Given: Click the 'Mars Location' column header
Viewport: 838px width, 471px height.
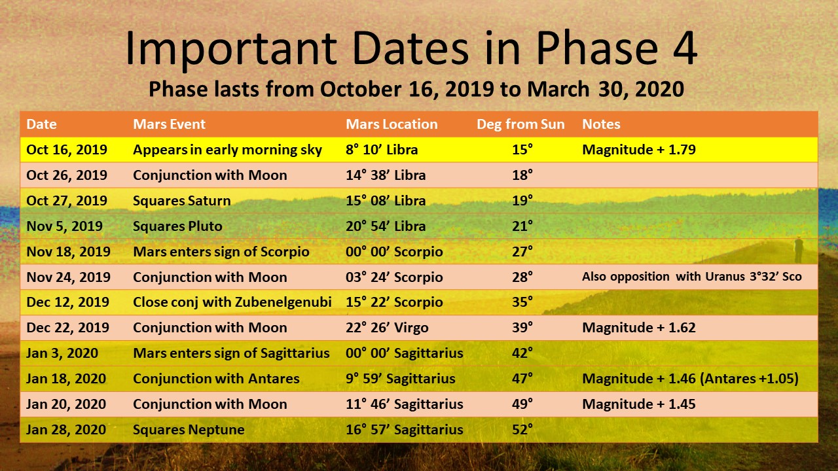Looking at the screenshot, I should click(392, 124).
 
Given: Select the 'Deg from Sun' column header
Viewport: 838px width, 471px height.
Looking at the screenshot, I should click(520, 124).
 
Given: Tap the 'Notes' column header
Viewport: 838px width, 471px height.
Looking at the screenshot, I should click(601, 124).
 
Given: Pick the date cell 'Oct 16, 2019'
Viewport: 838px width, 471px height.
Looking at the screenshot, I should click(67, 150).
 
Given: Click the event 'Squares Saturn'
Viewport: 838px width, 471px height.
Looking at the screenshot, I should click(181, 201).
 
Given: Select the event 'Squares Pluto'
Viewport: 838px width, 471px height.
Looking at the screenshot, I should click(177, 226).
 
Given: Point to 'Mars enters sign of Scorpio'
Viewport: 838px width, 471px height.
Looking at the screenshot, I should click(221, 252).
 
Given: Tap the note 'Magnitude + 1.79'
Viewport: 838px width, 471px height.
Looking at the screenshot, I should click(638, 150).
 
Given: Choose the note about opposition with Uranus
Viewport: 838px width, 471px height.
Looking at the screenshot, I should click(691, 277).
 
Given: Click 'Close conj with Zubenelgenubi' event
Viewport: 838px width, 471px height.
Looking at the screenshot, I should click(232, 302).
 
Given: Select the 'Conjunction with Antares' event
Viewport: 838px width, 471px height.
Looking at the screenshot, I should click(216, 379).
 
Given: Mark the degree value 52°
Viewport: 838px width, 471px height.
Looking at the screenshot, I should click(522, 430).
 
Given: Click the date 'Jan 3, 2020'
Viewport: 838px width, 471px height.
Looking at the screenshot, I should click(62, 353).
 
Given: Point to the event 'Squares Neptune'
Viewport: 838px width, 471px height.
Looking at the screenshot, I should click(189, 430).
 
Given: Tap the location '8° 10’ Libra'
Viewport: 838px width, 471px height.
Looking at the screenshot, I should click(382, 150).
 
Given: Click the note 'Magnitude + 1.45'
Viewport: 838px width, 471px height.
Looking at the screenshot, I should click(638, 404).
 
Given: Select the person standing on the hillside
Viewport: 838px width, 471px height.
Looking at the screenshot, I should click(797, 249).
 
